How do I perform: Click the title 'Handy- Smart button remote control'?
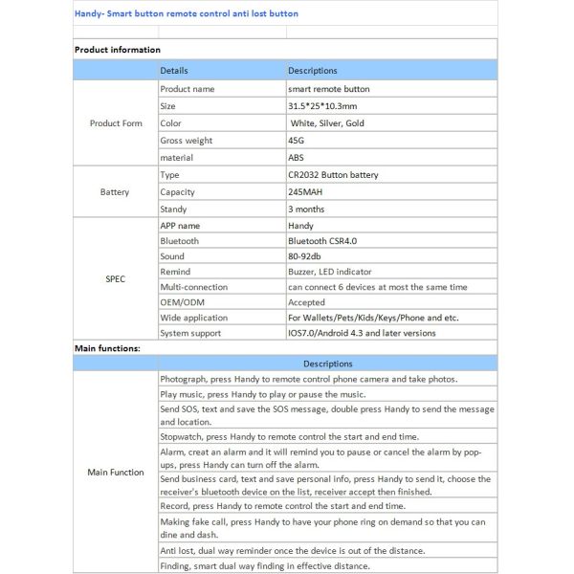[187, 14]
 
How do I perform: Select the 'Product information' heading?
[118, 50]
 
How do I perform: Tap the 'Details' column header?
[174, 71]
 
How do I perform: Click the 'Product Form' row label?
[116, 123]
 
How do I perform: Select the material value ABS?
[297, 158]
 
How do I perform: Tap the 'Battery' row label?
[115, 192]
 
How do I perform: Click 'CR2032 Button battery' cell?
[333, 175]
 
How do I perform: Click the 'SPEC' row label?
[115, 279]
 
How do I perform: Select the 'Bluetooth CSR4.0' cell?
[321, 241]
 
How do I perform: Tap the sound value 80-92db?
[306, 256]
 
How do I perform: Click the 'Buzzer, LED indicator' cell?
[332, 272]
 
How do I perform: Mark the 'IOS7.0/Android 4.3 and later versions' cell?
[362, 333]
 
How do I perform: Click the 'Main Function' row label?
[116, 472]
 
